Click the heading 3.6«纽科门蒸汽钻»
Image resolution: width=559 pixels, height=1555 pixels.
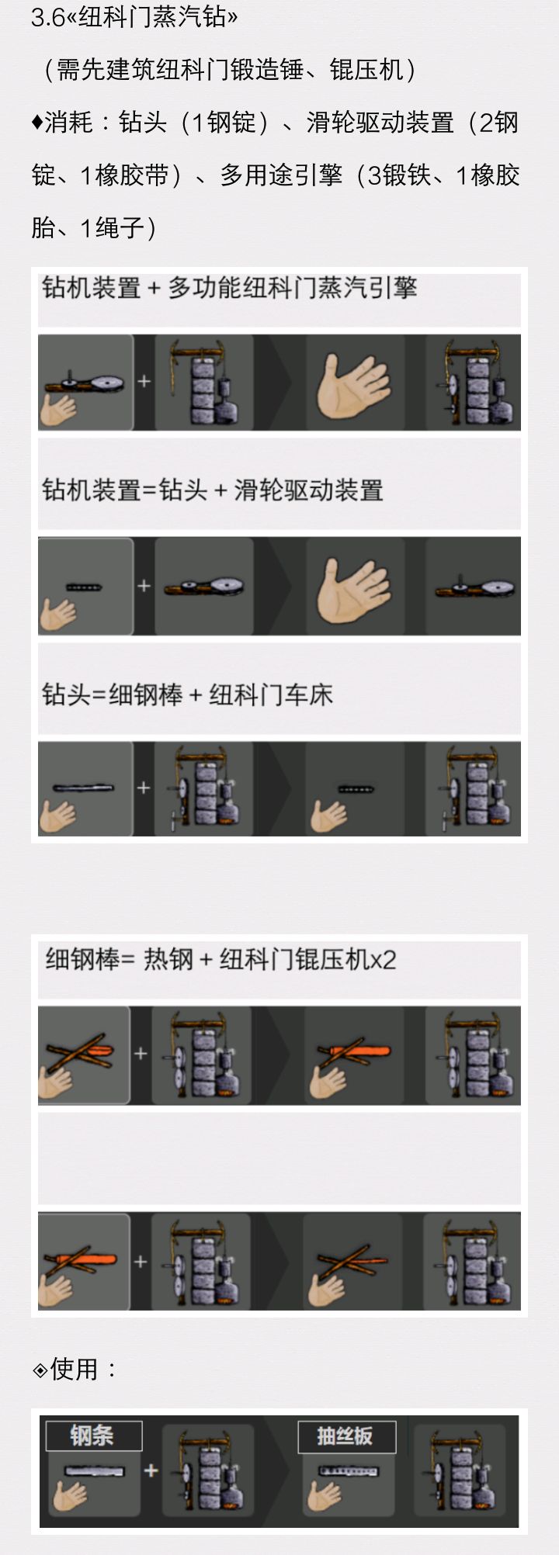coord(134,17)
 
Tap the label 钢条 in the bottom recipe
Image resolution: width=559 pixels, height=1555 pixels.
coord(92,1436)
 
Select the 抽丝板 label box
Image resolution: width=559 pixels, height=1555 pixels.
coord(346,1436)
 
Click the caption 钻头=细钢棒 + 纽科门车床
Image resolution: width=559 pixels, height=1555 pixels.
coord(187,694)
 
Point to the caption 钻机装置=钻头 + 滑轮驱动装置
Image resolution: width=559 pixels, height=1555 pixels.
coord(213,490)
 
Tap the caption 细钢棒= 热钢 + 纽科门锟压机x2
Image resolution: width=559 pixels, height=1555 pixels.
coord(220,960)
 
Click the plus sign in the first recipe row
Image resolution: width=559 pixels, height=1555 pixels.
coord(144,382)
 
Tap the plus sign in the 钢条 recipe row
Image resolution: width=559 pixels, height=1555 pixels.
coord(151,1470)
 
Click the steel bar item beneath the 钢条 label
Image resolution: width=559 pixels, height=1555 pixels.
coord(94,1470)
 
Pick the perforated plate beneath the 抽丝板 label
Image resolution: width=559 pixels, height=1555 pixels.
coord(349,1470)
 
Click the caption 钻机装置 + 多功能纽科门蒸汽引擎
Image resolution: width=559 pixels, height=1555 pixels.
coord(230,288)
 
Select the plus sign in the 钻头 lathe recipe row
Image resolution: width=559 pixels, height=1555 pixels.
coord(144,788)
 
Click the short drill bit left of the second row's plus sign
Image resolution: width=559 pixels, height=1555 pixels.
coord(84,587)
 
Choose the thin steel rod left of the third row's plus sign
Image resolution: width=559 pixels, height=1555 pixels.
coord(83,788)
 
